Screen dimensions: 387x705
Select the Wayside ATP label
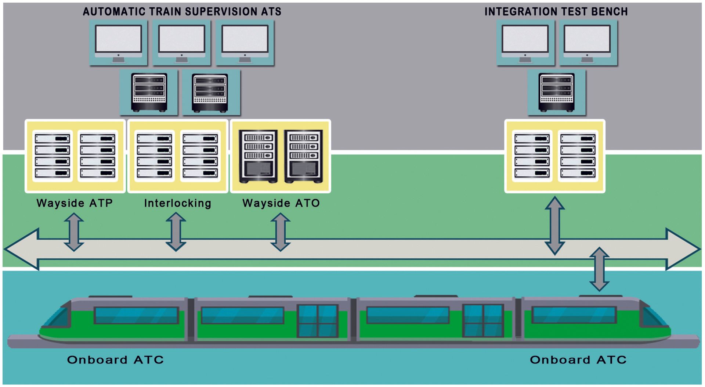tap(75, 203)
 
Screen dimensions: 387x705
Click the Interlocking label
tap(178, 203)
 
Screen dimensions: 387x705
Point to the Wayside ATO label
tap(281, 203)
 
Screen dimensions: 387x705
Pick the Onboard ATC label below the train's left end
tap(115, 360)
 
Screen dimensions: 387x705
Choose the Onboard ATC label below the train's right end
tap(578, 360)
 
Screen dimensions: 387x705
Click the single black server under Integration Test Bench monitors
tap(556, 92)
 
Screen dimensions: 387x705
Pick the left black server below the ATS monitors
tap(149, 92)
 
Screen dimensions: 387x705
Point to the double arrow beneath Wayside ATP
tap(74, 232)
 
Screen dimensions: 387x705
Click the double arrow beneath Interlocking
tap(176, 232)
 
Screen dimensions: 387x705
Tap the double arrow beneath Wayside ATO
tap(281, 232)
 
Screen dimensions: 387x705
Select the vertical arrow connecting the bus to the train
tap(599, 269)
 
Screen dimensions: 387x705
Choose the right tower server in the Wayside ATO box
tap(303, 156)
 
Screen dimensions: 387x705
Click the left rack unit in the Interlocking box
tap(155, 156)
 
